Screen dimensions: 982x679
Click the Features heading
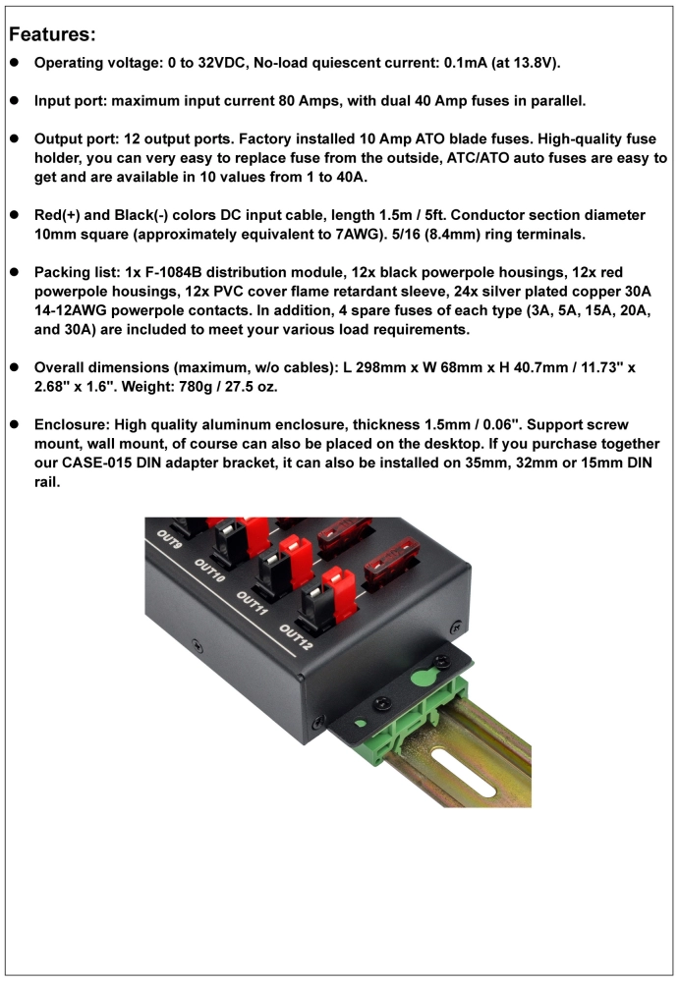[x=52, y=35]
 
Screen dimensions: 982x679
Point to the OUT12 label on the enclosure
[x=298, y=640]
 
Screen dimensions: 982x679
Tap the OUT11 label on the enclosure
[x=253, y=602]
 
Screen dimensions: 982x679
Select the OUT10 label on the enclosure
[x=210, y=572]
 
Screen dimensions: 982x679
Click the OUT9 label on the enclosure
[x=169, y=542]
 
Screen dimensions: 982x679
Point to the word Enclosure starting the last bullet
[x=72, y=424]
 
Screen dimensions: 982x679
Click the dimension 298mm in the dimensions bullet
[x=424, y=367]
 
